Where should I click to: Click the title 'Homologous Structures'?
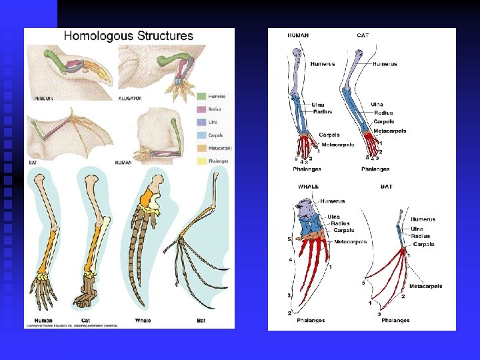[128, 36]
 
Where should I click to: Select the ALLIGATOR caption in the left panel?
[130, 98]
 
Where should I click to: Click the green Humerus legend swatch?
[202, 97]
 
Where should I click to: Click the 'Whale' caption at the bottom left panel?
[143, 320]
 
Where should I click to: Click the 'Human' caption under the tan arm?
[43, 320]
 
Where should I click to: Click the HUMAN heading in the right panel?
[297, 35]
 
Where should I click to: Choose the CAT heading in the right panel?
[363, 35]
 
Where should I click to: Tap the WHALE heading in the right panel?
[309, 187]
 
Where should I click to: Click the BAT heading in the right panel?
[386, 187]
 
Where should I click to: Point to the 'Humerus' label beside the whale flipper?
[333, 201]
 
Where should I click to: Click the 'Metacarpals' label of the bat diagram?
[425, 286]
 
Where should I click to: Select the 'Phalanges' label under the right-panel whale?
[311, 320]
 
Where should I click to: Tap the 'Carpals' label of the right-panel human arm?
[329, 135]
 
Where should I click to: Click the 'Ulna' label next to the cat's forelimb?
[377, 104]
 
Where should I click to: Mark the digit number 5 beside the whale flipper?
[289, 238]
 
